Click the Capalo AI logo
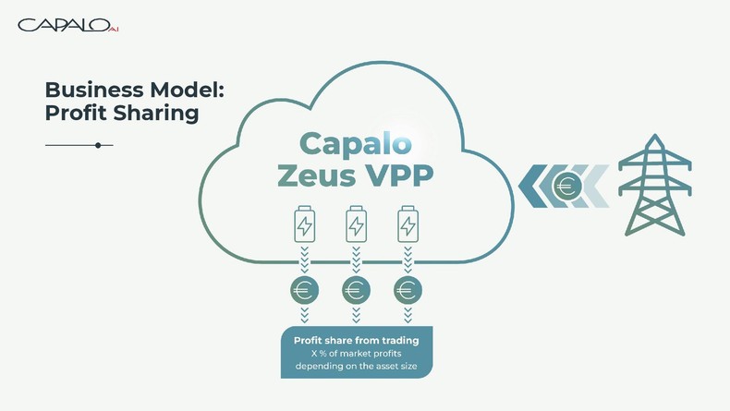[x=67, y=25]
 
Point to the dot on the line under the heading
[x=98, y=145]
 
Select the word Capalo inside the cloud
[x=356, y=143]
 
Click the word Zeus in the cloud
[x=316, y=175]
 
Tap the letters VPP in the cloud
[x=397, y=175]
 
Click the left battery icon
[x=304, y=224]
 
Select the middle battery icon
[x=356, y=224]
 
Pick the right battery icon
[x=408, y=224]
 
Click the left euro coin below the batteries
[x=304, y=290]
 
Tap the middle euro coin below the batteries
[x=356, y=290]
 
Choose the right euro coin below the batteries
[x=408, y=290]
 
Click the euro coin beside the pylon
[x=566, y=187]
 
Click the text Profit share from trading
[x=356, y=341]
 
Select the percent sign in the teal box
[x=323, y=354]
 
